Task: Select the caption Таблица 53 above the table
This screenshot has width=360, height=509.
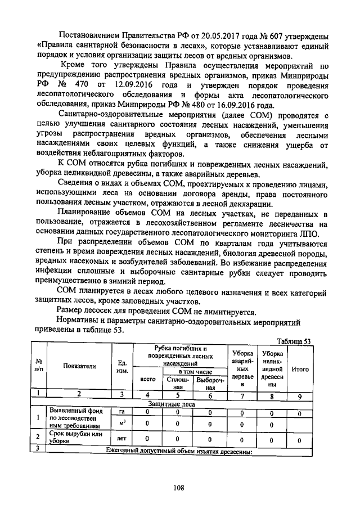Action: pos(294,341)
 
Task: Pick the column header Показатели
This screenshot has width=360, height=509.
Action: pos(79,366)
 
